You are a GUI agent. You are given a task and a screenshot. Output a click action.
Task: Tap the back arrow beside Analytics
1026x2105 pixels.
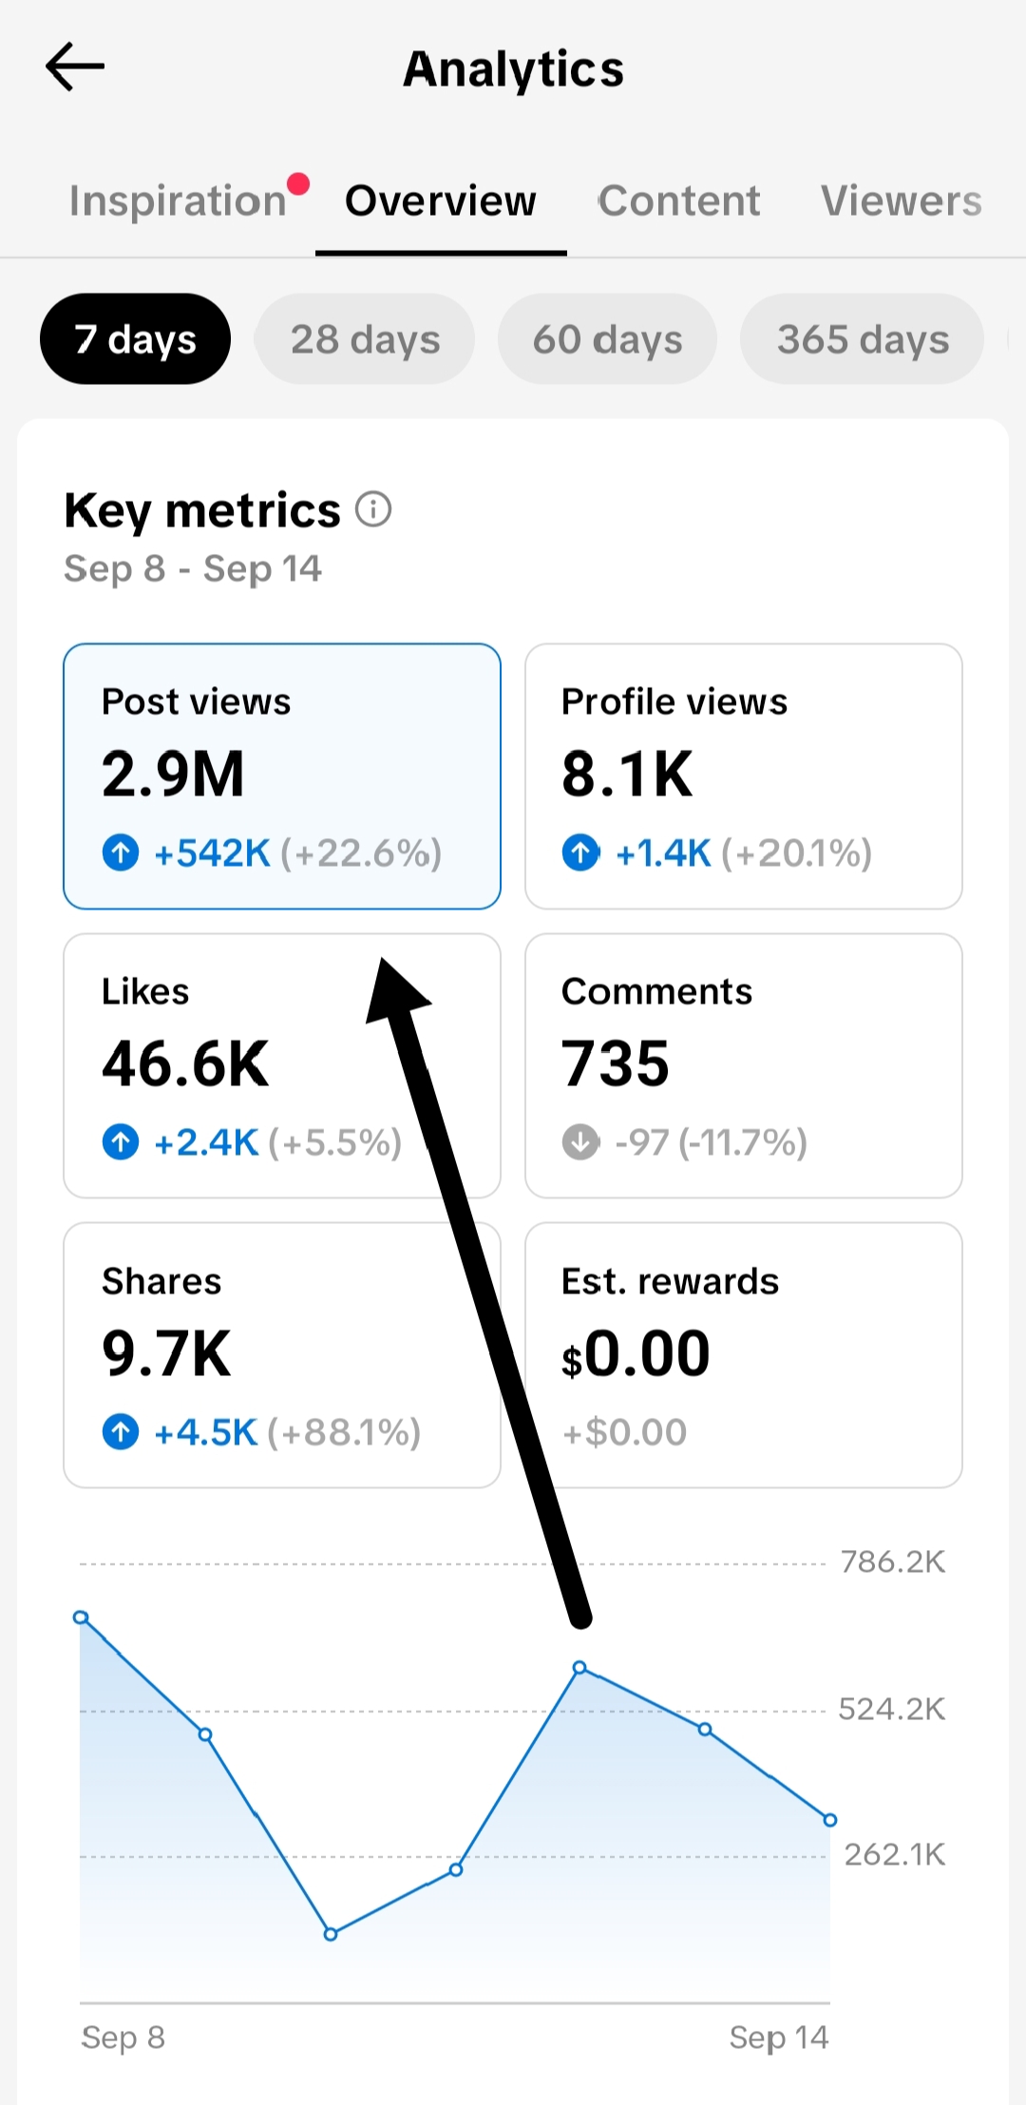(75, 67)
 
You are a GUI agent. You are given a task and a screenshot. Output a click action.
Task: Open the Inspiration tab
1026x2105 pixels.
(178, 201)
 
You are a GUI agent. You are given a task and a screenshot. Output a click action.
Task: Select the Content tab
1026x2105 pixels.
(679, 201)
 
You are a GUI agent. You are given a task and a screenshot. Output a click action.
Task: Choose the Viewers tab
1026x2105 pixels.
(902, 201)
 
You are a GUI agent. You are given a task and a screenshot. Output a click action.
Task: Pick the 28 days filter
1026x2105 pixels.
(365, 339)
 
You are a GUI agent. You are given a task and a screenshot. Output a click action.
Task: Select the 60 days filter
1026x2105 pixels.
(607, 339)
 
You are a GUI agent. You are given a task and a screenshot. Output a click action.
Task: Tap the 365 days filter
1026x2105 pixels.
(863, 339)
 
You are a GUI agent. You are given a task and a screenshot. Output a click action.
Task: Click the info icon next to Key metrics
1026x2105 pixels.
(373, 509)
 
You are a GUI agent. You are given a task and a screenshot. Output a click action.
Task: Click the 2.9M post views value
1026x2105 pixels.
(173, 774)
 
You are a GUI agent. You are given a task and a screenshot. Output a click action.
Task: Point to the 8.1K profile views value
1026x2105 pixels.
(627, 774)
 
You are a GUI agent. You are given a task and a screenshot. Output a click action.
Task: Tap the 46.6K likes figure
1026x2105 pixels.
(185, 1063)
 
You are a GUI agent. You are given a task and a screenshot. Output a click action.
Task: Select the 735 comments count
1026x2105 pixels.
(616, 1063)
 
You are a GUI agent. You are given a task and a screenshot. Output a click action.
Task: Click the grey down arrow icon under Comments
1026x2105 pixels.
(580, 1141)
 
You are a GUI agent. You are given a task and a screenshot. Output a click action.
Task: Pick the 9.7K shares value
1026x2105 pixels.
(166, 1353)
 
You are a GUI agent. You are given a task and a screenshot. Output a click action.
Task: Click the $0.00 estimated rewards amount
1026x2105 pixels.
(636, 1353)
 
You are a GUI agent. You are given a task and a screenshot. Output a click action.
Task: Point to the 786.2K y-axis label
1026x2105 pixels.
(893, 1561)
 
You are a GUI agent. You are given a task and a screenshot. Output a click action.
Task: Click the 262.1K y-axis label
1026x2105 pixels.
(895, 1854)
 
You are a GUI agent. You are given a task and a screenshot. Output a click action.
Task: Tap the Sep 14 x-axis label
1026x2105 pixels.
(779, 2038)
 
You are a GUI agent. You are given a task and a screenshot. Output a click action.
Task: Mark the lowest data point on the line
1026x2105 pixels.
(331, 1934)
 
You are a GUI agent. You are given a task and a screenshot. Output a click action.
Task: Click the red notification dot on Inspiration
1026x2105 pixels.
(298, 183)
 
